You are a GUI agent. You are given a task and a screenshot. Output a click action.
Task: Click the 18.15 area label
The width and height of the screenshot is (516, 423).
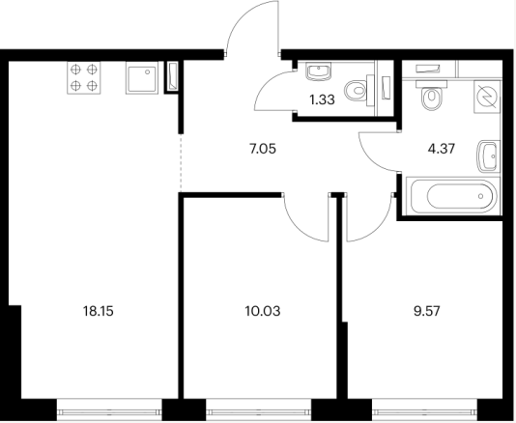point(98,311)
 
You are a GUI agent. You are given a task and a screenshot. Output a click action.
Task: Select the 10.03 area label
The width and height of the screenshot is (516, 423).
point(263,311)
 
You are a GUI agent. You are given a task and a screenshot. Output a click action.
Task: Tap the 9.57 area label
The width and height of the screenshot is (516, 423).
point(427,311)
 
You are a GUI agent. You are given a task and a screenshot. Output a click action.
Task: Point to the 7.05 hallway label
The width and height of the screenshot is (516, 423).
point(262,149)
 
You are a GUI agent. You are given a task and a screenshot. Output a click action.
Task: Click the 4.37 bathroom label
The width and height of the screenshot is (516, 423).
point(442,149)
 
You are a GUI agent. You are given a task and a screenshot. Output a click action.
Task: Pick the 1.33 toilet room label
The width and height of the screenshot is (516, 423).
point(322,99)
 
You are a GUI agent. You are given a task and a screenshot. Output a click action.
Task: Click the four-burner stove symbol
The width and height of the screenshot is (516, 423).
point(84,78)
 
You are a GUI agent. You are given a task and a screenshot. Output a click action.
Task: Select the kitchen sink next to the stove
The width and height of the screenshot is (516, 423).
point(141,78)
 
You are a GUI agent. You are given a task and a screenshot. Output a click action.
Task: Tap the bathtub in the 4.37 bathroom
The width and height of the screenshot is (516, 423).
point(453,196)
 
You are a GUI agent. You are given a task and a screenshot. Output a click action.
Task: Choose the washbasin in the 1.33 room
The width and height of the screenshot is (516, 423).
point(318,71)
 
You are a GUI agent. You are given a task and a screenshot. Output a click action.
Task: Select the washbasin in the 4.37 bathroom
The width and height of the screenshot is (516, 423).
point(488,155)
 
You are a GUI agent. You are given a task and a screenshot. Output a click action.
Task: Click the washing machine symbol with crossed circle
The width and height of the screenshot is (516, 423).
point(487,97)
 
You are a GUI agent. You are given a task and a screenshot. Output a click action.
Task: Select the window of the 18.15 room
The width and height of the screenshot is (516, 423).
point(109,409)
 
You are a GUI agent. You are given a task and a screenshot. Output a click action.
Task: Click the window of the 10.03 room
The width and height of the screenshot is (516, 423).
point(259,409)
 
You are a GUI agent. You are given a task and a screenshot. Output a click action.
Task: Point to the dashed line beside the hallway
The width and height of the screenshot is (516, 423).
point(181,162)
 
